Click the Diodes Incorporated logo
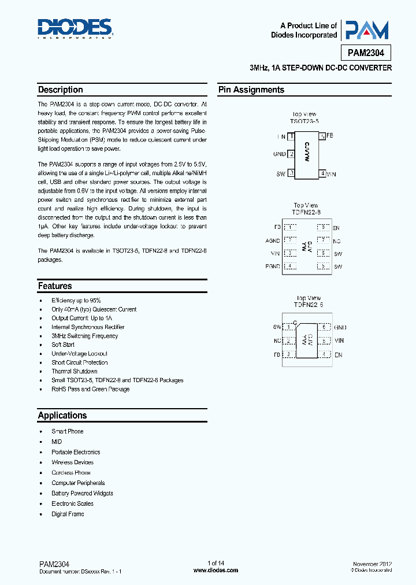pos(75,28)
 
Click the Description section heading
pos(61,90)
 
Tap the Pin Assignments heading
pos(251,90)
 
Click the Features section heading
pos(55,286)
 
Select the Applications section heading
pos(62,415)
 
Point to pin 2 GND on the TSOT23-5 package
pos(280,154)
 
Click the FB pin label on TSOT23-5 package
pos(330,135)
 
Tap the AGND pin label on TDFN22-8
pos(273,240)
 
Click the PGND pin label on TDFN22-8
pos(273,266)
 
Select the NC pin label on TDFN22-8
pos(337,240)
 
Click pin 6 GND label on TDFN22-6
pos(340,327)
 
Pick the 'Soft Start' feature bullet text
pos(63,345)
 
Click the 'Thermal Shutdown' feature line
pos(75,371)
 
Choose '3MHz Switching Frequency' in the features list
pos(84,336)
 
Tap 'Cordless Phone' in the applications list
pos(71,473)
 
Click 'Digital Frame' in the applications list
pos(68,514)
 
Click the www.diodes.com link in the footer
pos(216,570)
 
